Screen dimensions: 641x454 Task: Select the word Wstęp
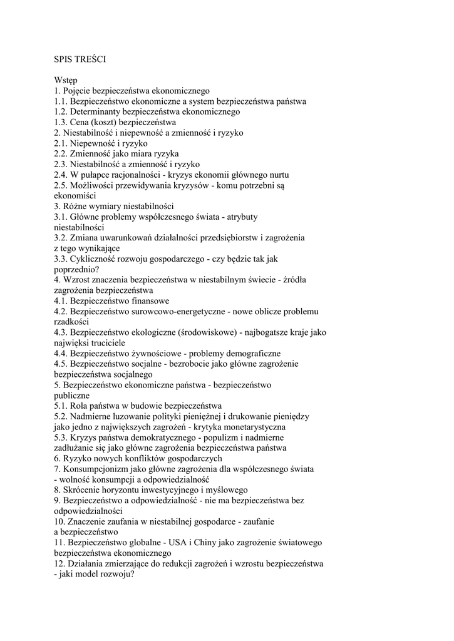[x=66, y=80]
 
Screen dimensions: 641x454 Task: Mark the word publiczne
[x=72, y=396]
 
